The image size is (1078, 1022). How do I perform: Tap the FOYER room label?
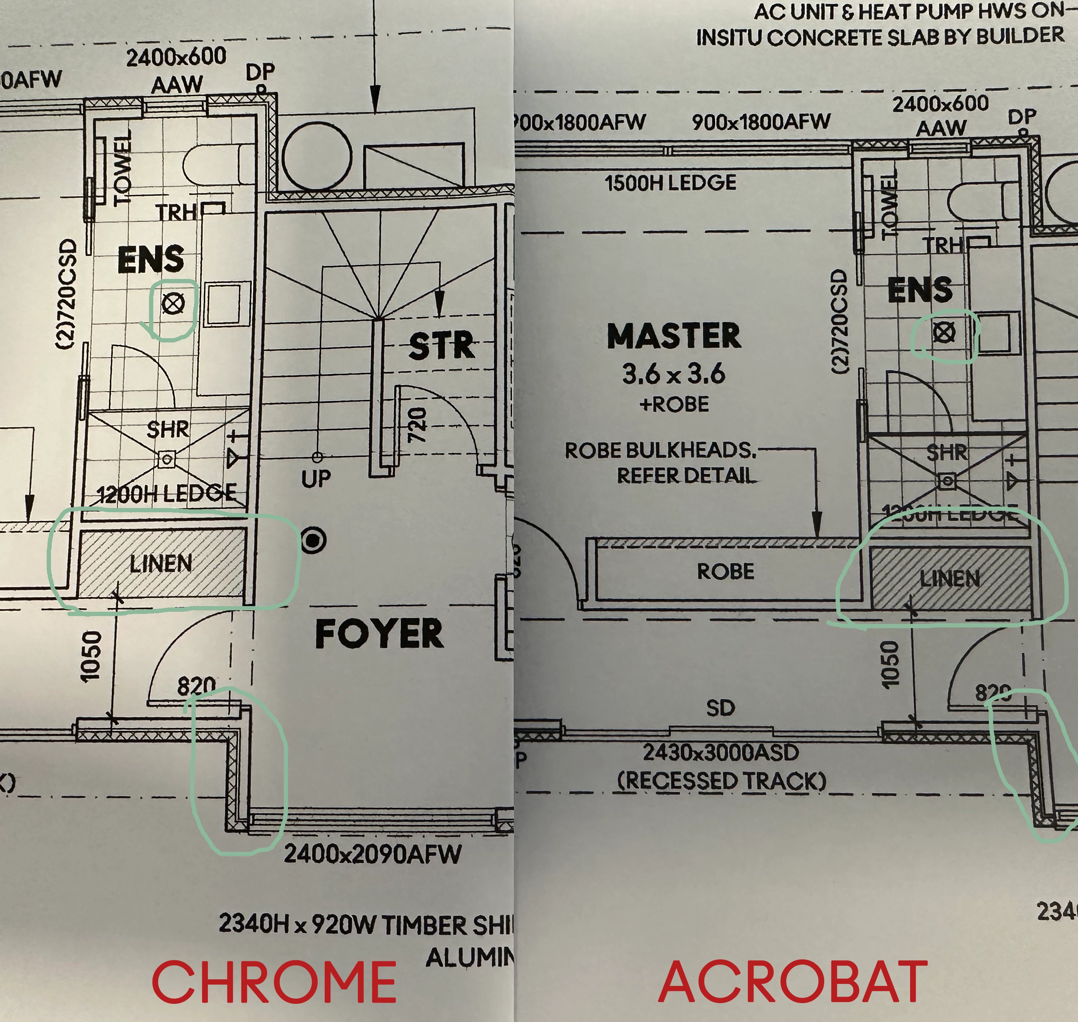point(380,634)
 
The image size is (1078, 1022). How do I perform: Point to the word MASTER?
point(674,336)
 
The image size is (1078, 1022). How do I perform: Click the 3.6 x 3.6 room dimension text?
point(674,374)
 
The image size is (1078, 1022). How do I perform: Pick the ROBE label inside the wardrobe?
point(726,571)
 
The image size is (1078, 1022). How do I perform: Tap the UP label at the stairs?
point(316,478)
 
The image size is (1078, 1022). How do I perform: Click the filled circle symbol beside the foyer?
point(314,540)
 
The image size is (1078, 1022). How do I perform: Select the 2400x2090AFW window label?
point(373,854)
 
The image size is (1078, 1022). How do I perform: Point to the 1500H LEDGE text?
point(670,183)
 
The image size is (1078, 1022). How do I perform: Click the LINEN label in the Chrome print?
point(161,563)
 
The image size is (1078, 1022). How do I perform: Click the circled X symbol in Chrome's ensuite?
point(173,304)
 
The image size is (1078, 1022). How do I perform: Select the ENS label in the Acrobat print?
point(920,289)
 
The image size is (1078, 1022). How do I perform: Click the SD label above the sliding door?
point(720,708)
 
